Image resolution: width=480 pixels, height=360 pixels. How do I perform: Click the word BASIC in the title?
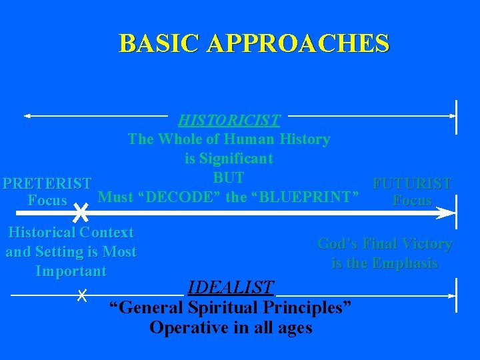pyautogui.click(x=159, y=43)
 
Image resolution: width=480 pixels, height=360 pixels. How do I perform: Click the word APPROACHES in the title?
pyautogui.click(x=298, y=43)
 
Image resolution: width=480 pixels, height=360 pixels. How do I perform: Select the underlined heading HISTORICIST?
pyautogui.click(x=229, y=121)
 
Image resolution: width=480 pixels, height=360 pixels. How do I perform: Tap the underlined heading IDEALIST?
pyautogui.click(x=231, y=288)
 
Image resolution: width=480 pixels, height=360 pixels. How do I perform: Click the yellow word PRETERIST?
pyautogui.click(x=47, y=183)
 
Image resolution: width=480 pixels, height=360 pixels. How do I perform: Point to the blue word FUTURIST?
pyautogui.click(x=412, y=183)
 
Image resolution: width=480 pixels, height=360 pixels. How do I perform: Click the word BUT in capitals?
pyautogui.click(x=228, y=178)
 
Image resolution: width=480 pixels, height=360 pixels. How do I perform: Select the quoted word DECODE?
pyautogui.click(x=181, y=197)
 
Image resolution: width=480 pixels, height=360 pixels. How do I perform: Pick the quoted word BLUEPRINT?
pyautogui.click(x=304, y=197)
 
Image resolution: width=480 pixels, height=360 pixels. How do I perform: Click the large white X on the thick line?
pyautogui.click(x=80, y=213)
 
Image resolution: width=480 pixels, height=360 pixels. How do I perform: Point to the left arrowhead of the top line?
pyautogui.click(x=28, y=116)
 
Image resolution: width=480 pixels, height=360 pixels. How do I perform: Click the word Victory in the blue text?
pyautogui.click(x=426, y=245)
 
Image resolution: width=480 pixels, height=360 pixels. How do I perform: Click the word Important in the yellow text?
pyautogui.click(x=71, y=271)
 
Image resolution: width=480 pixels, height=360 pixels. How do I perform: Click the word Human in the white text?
pyautogui.click(x=249, y=139)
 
